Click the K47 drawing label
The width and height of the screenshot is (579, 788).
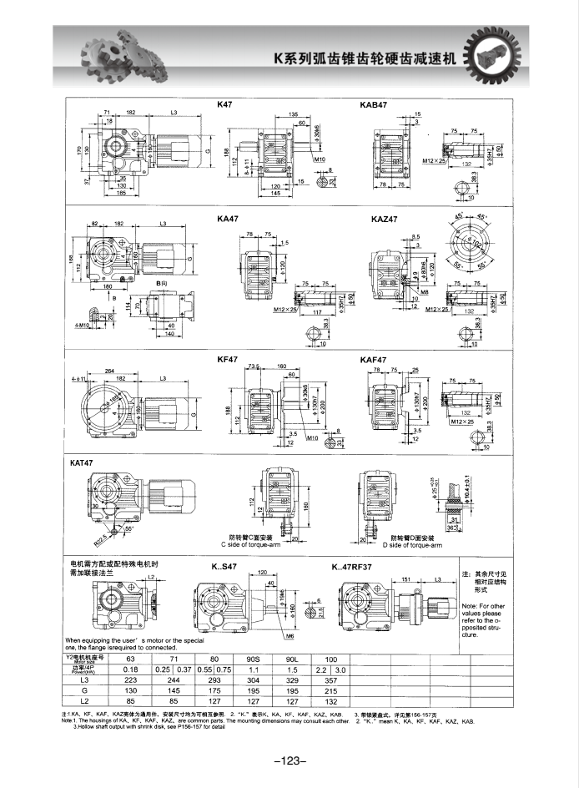(x=225, y=105)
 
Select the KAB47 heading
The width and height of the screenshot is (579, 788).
(x=374, y=105)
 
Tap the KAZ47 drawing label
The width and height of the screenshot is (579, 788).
(x=385, y=220)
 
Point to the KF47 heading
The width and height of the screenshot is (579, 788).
(x=229, y=358)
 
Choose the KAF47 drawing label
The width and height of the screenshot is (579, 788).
(x=372, y=358)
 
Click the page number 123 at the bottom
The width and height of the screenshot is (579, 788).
(x=290, y=760)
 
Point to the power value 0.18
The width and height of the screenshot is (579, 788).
(x=131, y=670)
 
